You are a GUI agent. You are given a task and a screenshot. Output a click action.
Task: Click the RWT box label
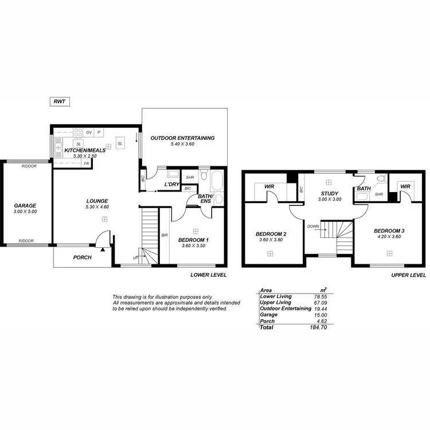(x=59, y=101)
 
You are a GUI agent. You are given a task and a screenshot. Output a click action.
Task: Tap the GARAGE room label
(x=25, y=205)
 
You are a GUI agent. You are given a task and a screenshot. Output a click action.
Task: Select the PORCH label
(x=83, y=257)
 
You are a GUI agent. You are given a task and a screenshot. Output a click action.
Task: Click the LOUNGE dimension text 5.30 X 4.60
(x=97, y=206)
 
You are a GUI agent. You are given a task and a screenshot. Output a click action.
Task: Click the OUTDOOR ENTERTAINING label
(x=182, y=138)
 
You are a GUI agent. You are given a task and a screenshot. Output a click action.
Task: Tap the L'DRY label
(x=172, y=184)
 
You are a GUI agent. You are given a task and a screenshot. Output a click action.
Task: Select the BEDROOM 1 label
(x=193, y=240)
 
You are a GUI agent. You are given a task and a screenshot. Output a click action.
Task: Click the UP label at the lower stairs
(x=135, y=259)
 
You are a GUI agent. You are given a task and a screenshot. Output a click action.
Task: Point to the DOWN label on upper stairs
(x=313, y=226)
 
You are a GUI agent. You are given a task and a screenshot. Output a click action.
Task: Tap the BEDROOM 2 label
(x=271, y=234)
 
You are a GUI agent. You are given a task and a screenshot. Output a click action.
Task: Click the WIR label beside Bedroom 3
(x=405, y=186)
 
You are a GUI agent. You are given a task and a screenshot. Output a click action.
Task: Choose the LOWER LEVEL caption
(x=208, y=275)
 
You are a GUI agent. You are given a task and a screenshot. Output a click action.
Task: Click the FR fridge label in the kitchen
(x=86, y=163)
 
